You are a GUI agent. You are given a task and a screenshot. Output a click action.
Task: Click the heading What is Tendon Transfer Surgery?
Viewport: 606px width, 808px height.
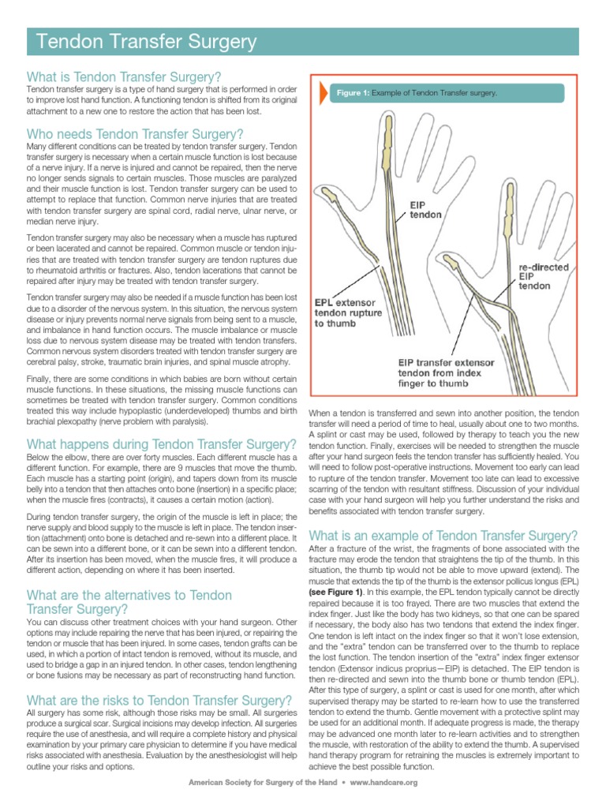[x=124, y=77]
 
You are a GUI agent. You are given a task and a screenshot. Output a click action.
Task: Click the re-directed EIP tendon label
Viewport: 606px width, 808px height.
[x=539, y=277]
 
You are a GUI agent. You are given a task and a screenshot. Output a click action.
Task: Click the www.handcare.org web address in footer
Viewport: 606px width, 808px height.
[x=383, y=783]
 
